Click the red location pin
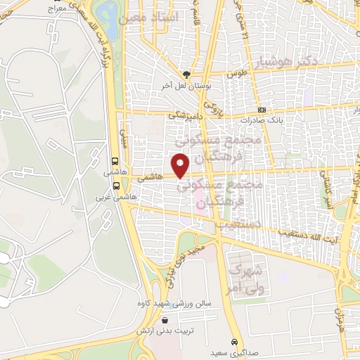[x=181, y=165]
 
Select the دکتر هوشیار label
[x=288, y=62]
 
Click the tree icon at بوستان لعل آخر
[x=186, y=74]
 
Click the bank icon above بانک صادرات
[x=262, y=110]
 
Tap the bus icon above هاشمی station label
[x=115, y=160]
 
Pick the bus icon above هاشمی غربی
[x=115, y=186]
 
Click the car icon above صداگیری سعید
[x=232, y=337]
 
